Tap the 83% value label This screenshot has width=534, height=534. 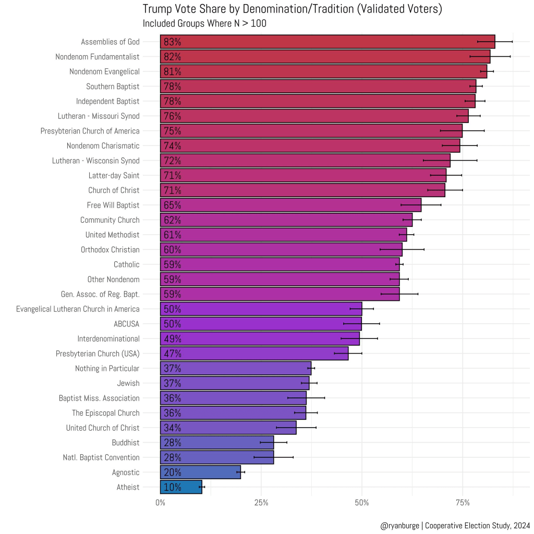tap(172, 42)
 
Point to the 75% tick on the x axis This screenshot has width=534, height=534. tap(463, 503)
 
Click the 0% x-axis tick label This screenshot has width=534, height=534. tap(160, 503)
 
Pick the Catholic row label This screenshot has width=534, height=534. tap(127, 264)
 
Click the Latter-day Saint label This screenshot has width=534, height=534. tap(114, 175)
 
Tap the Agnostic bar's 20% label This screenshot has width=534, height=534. tap(172, 472)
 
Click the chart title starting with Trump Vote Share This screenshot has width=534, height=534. tap(292, 9)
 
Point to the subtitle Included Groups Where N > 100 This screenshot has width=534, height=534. tap(204, 23)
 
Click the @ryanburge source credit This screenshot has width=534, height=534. tap(455, 526)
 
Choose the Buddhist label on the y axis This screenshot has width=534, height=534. tap(125, 443)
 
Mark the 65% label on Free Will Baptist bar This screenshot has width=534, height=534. tap(172, 205)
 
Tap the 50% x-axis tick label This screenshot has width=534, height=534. tap(361, 503)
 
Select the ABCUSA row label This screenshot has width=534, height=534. tap(126, 324)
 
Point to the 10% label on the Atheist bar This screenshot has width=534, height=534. tap(172, 488)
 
